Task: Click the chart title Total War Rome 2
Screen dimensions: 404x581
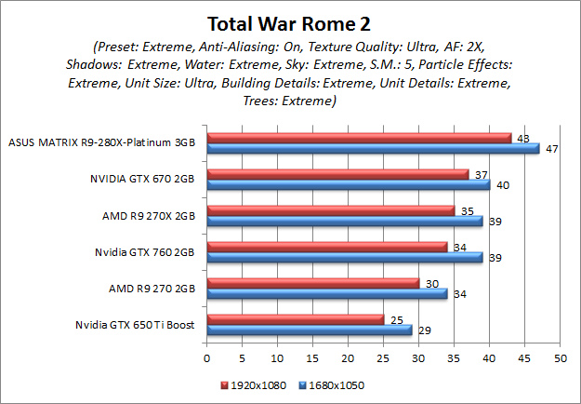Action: (x=290, y=22)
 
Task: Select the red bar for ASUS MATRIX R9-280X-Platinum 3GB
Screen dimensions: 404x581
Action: (x=359, y=138)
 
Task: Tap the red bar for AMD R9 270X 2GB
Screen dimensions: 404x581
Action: (x=330, y=210)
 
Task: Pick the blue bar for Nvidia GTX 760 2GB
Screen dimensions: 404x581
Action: (x=344, y=257)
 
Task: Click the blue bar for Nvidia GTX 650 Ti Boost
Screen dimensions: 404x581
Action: (x=309, y=330)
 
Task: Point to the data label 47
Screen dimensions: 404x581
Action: (x=550, y=149)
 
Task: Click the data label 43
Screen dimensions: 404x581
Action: (x=522, y=138)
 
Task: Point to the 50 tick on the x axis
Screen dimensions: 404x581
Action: (x=560, y=357)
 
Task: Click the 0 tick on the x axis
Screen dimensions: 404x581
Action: (x=206, y=357)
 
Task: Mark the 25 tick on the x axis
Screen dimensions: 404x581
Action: (x=383, y=357)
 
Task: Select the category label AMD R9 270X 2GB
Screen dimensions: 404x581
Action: (x=149, y=215)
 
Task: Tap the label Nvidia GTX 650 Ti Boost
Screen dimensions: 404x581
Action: (x=136, y=325)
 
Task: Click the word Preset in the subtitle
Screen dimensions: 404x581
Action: (x=118, y=47)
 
